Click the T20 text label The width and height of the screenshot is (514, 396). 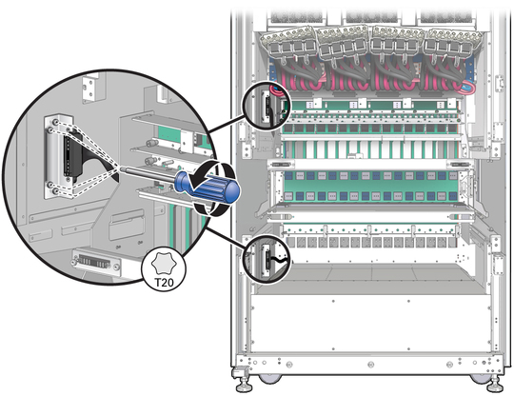pyautogui.click(x=164, y=283)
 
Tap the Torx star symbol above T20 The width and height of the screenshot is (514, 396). pyautogui.click(x=164, y=264)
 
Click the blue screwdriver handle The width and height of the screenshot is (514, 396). pyautogui.click(x=208, y=187)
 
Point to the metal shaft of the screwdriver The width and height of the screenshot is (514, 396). pyautogui.click(x=148, y=175)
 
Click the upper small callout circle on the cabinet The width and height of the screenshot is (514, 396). pyautogui.click(x=267, y=105)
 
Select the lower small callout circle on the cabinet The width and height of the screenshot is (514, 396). pyautogui.click(x=267, y=258)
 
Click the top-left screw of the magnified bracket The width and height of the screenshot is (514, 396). pyautogui.click(x=56, y=122)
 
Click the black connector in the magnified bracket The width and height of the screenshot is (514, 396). pyautogui.click(x=70, y=156)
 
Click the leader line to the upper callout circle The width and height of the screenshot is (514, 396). pyautogui.click(x=227, y=124)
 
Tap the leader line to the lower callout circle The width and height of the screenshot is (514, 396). pyautogui.click(x=227, y=237)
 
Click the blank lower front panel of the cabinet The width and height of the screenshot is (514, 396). pyautogui.click(x=370, y=324)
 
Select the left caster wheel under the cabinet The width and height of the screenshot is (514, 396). pyautogui.click(x=269, y=379)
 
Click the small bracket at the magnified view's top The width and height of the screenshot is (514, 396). pyautogui.click(x=90, y=88)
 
